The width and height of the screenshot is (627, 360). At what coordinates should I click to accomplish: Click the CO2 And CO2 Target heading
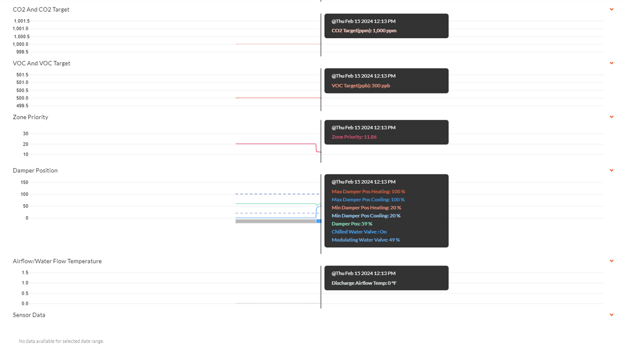tap(41, 10)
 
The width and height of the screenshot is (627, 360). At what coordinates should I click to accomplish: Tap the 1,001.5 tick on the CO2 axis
tap(22, 21)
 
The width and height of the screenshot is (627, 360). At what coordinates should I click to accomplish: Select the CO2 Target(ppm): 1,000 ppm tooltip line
tap(364, 31)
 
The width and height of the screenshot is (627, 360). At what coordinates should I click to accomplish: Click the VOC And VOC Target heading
tap(41, 63)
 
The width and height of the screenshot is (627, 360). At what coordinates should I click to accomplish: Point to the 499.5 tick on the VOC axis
tap(22, 106)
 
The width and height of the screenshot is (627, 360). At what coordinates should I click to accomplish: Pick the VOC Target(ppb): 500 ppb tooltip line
tap(361, 85)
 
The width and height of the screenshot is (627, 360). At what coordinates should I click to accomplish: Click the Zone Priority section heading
tap(31, 117)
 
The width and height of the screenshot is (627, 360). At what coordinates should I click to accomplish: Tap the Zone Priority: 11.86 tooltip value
tap(354, 137)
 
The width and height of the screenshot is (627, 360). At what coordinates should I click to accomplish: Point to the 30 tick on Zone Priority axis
tap(26, 134)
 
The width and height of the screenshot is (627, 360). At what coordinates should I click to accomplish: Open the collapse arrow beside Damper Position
tap(611, 170)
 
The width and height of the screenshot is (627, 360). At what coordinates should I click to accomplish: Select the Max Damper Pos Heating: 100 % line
tap(369, 192)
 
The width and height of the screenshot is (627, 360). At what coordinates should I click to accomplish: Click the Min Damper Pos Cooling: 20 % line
tap(366, 216)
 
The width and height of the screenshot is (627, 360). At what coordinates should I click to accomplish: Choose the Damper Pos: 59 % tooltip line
tap(352, 224)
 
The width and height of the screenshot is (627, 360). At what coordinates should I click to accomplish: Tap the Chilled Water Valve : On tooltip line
tap(359, 232)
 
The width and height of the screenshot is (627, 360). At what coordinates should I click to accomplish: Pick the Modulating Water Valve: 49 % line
tap(366, 240)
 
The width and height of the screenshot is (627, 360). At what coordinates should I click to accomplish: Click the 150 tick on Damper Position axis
tap(24, 182)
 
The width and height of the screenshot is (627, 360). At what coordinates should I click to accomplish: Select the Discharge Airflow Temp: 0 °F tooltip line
tap(364, 283)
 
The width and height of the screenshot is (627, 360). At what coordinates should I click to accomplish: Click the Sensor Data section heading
tap(29, 315)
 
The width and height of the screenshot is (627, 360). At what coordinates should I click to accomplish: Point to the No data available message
tap(61, 341)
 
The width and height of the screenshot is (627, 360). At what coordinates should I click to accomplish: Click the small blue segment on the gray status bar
tap(319, 221)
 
